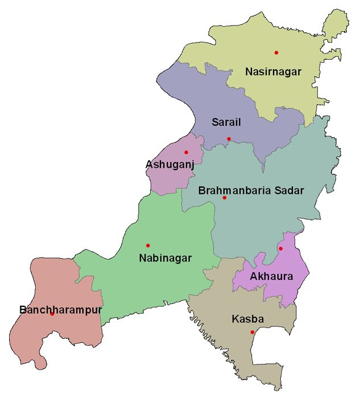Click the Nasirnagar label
coord(272,72)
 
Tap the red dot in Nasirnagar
coord(276,53)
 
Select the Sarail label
coord(226,122)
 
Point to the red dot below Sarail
coord(229,139)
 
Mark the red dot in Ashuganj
coord(186,152)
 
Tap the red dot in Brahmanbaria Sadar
coord(225,198)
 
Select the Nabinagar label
coord(165,258)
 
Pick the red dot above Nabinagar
coord(148,246)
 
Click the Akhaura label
coord(271,277)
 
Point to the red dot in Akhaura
coord(280,248)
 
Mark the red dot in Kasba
coord(253,332)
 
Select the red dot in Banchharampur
coord(52,314)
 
